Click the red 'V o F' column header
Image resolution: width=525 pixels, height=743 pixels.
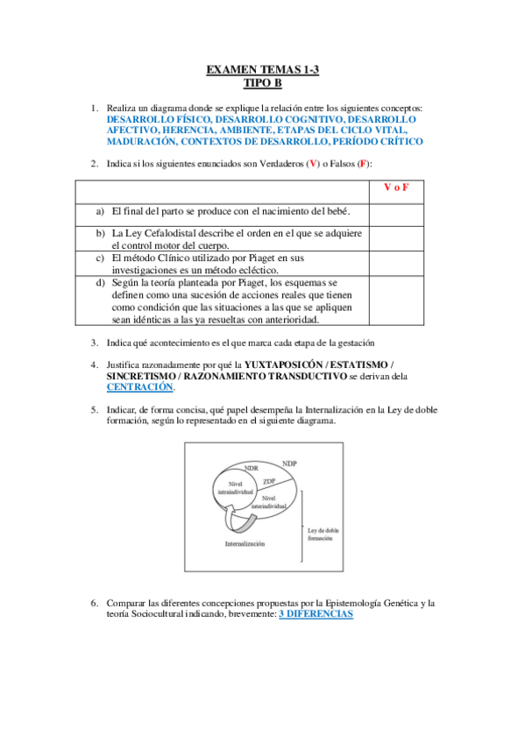click(396, 188)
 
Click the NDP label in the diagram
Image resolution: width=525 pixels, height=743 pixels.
click(289, 462)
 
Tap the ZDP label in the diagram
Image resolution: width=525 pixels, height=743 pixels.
click(268, 481)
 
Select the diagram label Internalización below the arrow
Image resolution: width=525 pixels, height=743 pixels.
click(245, 543)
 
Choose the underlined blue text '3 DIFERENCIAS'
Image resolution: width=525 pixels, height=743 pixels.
click(316, 615)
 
